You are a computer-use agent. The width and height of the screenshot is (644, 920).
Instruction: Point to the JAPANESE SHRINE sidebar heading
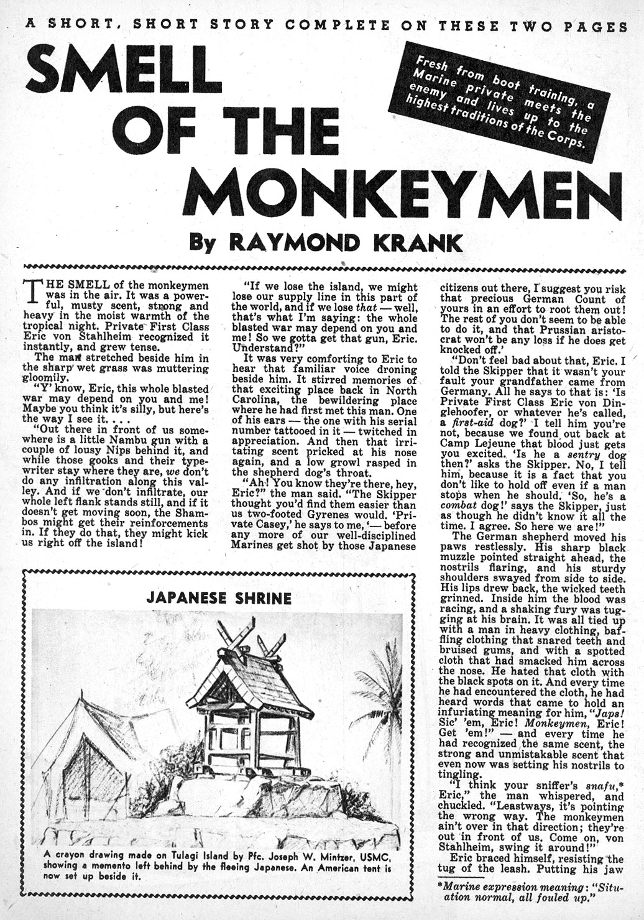pos(219,598)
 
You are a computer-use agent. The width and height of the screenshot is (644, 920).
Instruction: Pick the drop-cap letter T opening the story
pos(30,290)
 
